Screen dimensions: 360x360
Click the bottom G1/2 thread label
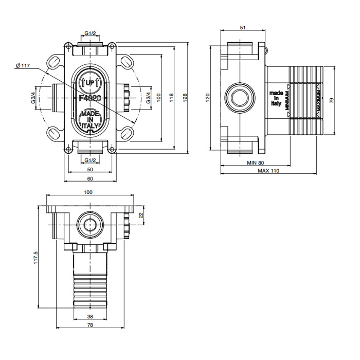tap(91, 160)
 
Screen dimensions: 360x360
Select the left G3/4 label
tap(33, 97)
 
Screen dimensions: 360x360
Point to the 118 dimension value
tap(172, 96)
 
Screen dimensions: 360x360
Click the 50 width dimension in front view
tap(90, 169)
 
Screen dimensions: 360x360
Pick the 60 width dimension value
tap(90, 178)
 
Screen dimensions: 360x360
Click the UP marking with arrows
tap(91, 82)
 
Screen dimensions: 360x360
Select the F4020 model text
tap(91, 97)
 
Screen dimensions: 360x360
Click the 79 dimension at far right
tap(332, 101)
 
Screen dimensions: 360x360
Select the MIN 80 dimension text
tap(255, 163)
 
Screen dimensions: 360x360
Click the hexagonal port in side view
tap(240, 97)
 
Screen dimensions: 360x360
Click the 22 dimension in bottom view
tap(141, 216)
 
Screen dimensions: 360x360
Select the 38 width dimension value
tap(90, 317)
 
